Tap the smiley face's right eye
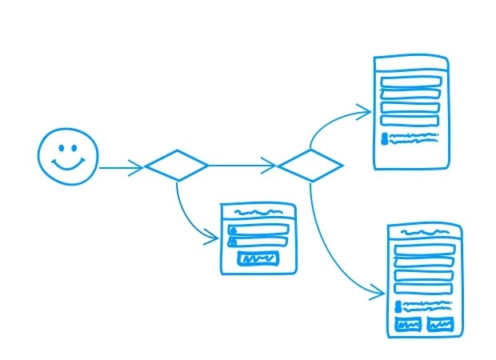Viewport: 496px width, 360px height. click(x=75, y=147)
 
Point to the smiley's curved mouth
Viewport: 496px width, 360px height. click(x=68, y=164)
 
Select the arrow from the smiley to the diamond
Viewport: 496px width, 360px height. click(x=120, y=168)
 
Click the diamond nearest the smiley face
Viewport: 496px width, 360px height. click(x=176, y=166)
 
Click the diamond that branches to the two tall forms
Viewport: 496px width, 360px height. click(x=310, y=166)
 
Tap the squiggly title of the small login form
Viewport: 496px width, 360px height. click(x=258, y=214)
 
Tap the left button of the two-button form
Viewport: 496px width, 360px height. click(x=408, y=324)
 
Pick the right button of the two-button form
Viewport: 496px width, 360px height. click(x=438, y=324)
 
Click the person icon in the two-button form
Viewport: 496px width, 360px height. click(x=398, y=307)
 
